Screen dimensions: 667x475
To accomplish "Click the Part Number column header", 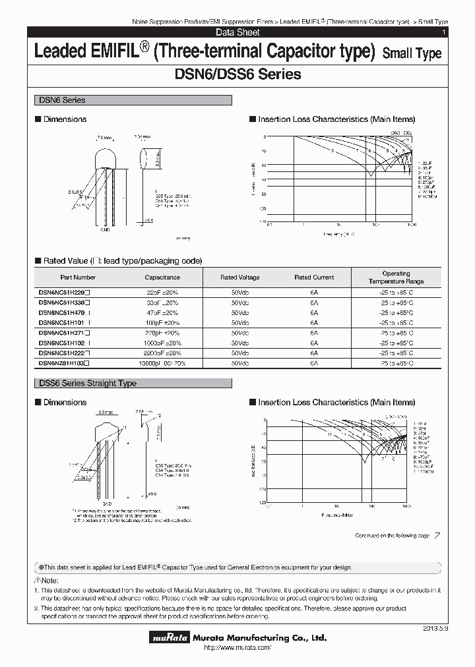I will click(78, 277).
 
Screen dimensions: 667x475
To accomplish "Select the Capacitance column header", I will click(162, 277).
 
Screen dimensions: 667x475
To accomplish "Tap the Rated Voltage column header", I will click(240, 277).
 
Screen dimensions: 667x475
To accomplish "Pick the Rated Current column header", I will click(314, 277).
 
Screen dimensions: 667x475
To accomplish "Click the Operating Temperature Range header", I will click(396, 277).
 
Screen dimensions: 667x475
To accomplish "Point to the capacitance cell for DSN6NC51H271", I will click(162, 333).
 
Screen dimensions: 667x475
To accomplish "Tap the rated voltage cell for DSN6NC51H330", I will click(240, 302).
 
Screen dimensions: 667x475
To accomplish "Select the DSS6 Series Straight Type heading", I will click(86, 383).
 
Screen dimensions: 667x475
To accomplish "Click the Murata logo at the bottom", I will click(168, 638).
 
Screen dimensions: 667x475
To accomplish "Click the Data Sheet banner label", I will click(237, 32).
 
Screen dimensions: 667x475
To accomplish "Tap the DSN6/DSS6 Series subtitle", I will click(237, 74).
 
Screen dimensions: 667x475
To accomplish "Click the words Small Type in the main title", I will click(412, 54).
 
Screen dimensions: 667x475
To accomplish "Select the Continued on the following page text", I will click(392, 536).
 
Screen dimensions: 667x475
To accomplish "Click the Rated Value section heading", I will click(122, 260).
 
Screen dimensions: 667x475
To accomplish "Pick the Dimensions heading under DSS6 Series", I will click(65, 402).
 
